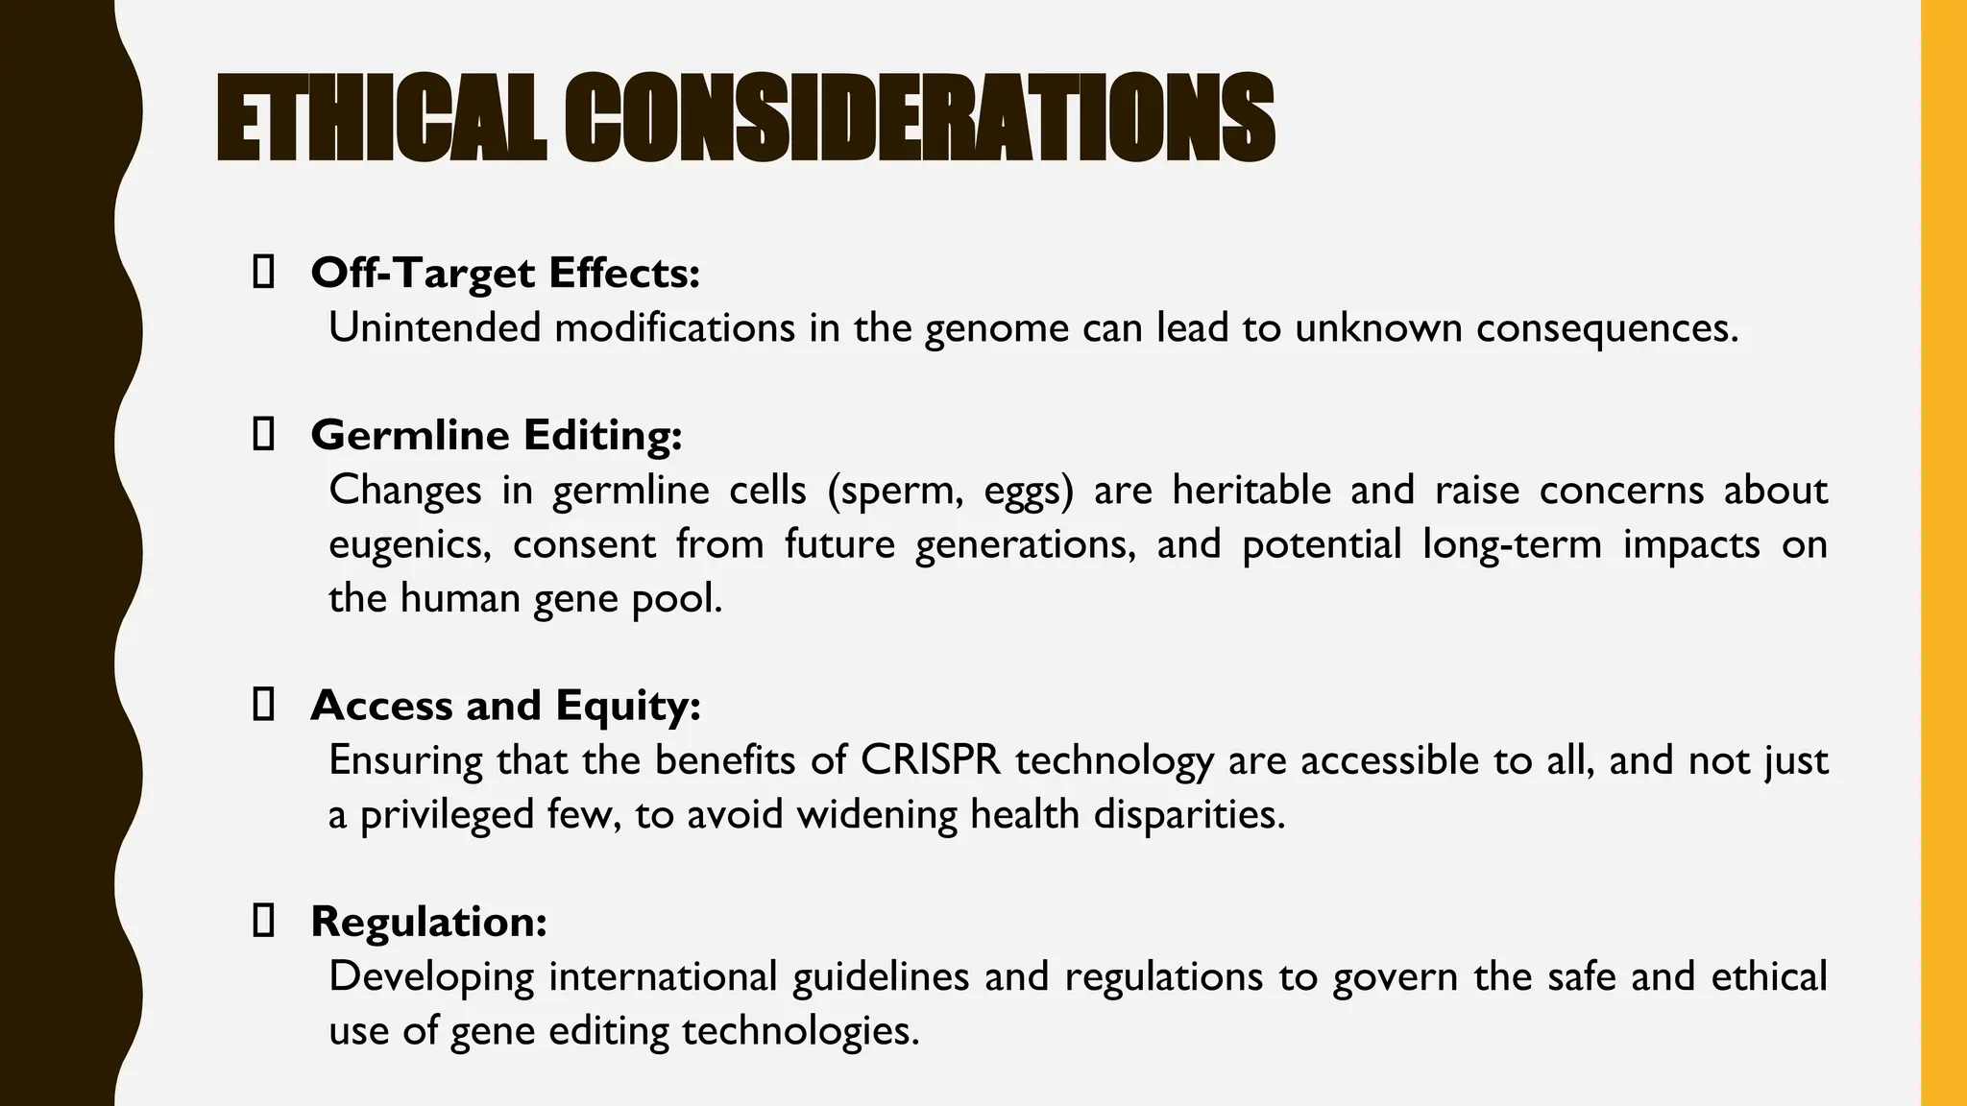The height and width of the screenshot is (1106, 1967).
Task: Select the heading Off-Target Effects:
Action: (505, 273)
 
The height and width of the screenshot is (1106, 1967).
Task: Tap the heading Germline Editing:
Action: (497, 435)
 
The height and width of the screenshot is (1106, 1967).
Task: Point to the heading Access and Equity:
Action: (505, 706)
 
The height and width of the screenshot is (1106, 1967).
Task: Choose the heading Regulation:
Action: (428, 922)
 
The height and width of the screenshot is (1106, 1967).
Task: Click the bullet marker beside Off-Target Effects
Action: (262, 273)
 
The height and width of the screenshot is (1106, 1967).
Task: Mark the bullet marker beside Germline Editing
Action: (262, 435)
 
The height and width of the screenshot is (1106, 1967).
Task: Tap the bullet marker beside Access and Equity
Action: (262, 706)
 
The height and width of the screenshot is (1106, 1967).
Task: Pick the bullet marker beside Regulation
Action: (262, 922)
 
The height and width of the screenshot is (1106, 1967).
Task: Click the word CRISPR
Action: (931, 760)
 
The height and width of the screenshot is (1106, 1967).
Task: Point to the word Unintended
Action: (434, 327)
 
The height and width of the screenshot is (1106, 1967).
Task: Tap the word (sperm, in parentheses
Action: (895, 491)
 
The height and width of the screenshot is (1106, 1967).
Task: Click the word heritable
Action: (1251, 491)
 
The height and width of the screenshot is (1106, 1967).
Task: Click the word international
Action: (663, 977)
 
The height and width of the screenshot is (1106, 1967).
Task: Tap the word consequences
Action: (1607, 328)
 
